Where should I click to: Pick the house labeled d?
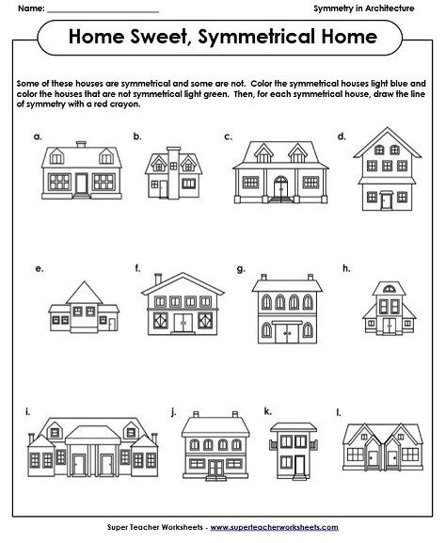point(386,170)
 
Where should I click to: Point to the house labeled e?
point(84,306)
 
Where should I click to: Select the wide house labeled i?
point(77,446)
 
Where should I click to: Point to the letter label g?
point(241,268)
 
